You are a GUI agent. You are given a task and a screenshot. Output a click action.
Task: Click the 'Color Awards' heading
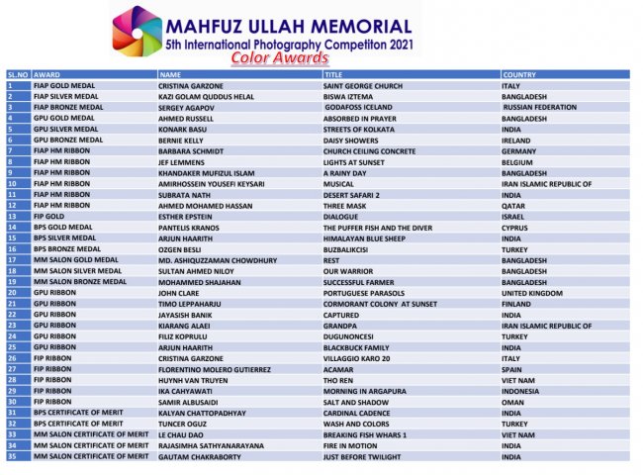pos(280,58)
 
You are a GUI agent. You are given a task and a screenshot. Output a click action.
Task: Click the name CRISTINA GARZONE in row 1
pos(191,86)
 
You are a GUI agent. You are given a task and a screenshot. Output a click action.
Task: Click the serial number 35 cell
pos(12,458)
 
